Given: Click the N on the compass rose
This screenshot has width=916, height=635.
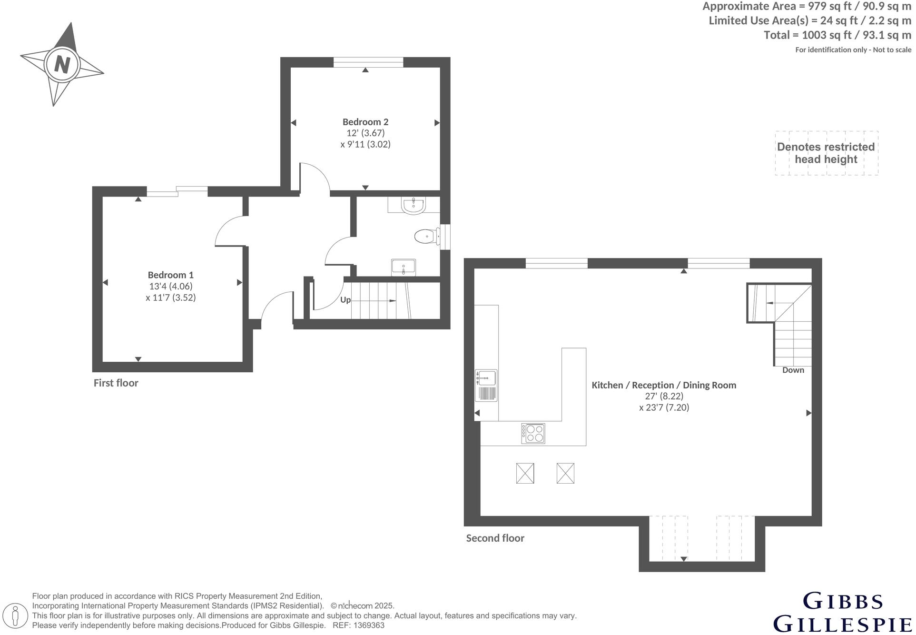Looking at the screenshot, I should pos(62,64).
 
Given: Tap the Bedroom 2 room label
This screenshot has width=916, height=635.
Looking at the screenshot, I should pos(366,122).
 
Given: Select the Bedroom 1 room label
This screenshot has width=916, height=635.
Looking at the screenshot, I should pos(171,275).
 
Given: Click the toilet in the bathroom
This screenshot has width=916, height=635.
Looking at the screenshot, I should pos(425,236).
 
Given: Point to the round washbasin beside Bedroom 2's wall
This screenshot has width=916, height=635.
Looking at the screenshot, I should pos(413,206).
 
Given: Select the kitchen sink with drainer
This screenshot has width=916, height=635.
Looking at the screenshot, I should pos(486,386).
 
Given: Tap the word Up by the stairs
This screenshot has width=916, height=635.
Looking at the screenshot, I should pos(346,300).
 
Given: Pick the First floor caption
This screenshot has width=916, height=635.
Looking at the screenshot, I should pos(116,383).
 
